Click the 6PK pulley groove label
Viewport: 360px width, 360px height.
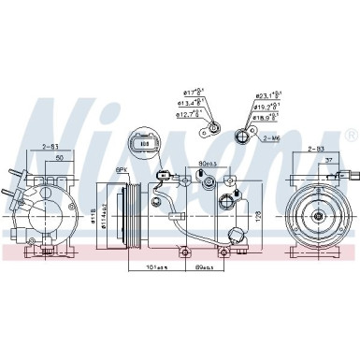pos(121,168)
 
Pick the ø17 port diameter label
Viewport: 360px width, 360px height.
pos(193,93)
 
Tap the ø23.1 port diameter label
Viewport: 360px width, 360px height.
pos(269,96)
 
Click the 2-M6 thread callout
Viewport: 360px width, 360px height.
pos(272,137)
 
